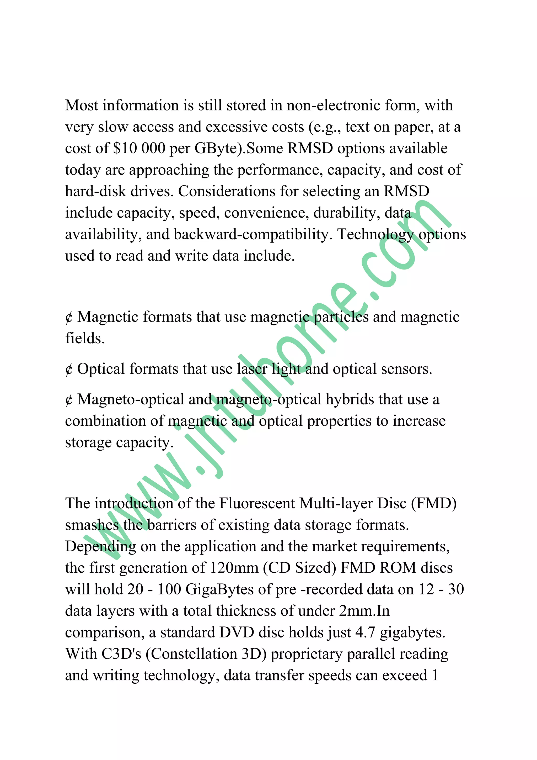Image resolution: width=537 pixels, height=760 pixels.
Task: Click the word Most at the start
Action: click(x=81, y=105)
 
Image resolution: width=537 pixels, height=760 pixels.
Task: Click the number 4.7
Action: click(x=365, y=632)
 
